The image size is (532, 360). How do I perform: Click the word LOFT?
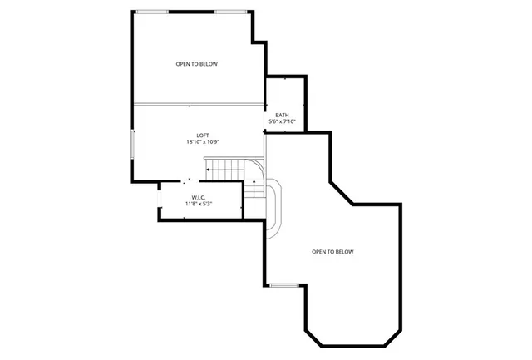pyautogui.click(x=202, y=136)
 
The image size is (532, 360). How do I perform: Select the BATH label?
pyautogui.click(x=283, y=115)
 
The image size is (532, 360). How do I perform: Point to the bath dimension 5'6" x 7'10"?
pyautogui.click(x=283, y=121)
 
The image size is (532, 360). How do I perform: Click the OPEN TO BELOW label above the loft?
pyautogui.click(x=197, y=64)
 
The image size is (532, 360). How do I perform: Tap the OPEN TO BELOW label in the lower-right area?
pyautogui.click(x=333, y=251)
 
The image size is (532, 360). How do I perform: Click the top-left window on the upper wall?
pyautogui.click(x=152, y=12)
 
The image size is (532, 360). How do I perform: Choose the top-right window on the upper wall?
pyautogui.click(x=231, y=12)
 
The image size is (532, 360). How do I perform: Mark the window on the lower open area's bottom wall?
pyautogui.click(x=283, y=285)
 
